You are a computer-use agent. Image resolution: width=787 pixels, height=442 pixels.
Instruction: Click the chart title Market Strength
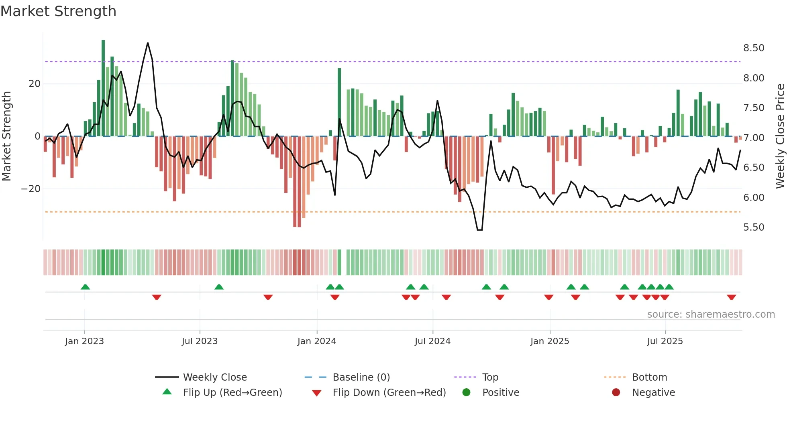coord(58,11)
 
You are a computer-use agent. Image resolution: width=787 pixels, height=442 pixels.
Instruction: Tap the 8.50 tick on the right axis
coord(753,48)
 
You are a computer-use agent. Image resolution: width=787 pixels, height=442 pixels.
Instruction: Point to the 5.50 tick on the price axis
coord(753,227)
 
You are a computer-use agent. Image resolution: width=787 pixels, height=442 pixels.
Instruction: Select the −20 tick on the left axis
coord(31,189)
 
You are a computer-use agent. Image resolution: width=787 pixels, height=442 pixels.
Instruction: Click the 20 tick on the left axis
coord(35,84)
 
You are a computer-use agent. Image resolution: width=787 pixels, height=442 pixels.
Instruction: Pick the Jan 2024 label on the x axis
coord(316,341)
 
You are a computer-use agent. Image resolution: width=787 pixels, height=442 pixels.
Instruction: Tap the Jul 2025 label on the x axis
coord(665,341)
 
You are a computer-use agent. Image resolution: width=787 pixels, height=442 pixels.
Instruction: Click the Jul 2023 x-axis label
coord(200,341)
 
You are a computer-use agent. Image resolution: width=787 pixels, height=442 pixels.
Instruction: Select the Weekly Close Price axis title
coord(780,136)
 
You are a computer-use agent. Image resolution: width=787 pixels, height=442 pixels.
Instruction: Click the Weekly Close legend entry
coord(214,377)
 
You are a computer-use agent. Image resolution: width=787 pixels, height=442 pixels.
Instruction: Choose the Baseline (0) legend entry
coord(361,377)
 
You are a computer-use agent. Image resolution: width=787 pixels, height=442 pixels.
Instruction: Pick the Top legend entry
coord(490,377)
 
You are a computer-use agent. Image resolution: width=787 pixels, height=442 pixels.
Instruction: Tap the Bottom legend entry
coord(649,377)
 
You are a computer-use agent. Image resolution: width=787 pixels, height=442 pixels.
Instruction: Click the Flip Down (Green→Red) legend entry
coord(389,393)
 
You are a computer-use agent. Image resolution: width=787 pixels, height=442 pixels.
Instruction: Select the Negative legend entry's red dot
coord(616,392)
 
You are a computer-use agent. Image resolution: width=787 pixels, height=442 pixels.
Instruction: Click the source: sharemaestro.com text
coord(711,314)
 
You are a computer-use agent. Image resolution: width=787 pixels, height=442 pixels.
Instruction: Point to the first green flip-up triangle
coord(85,287)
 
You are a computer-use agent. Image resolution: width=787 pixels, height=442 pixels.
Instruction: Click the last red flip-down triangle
coord(731,297)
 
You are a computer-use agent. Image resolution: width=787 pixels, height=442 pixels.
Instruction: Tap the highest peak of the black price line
coord(148,43)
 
